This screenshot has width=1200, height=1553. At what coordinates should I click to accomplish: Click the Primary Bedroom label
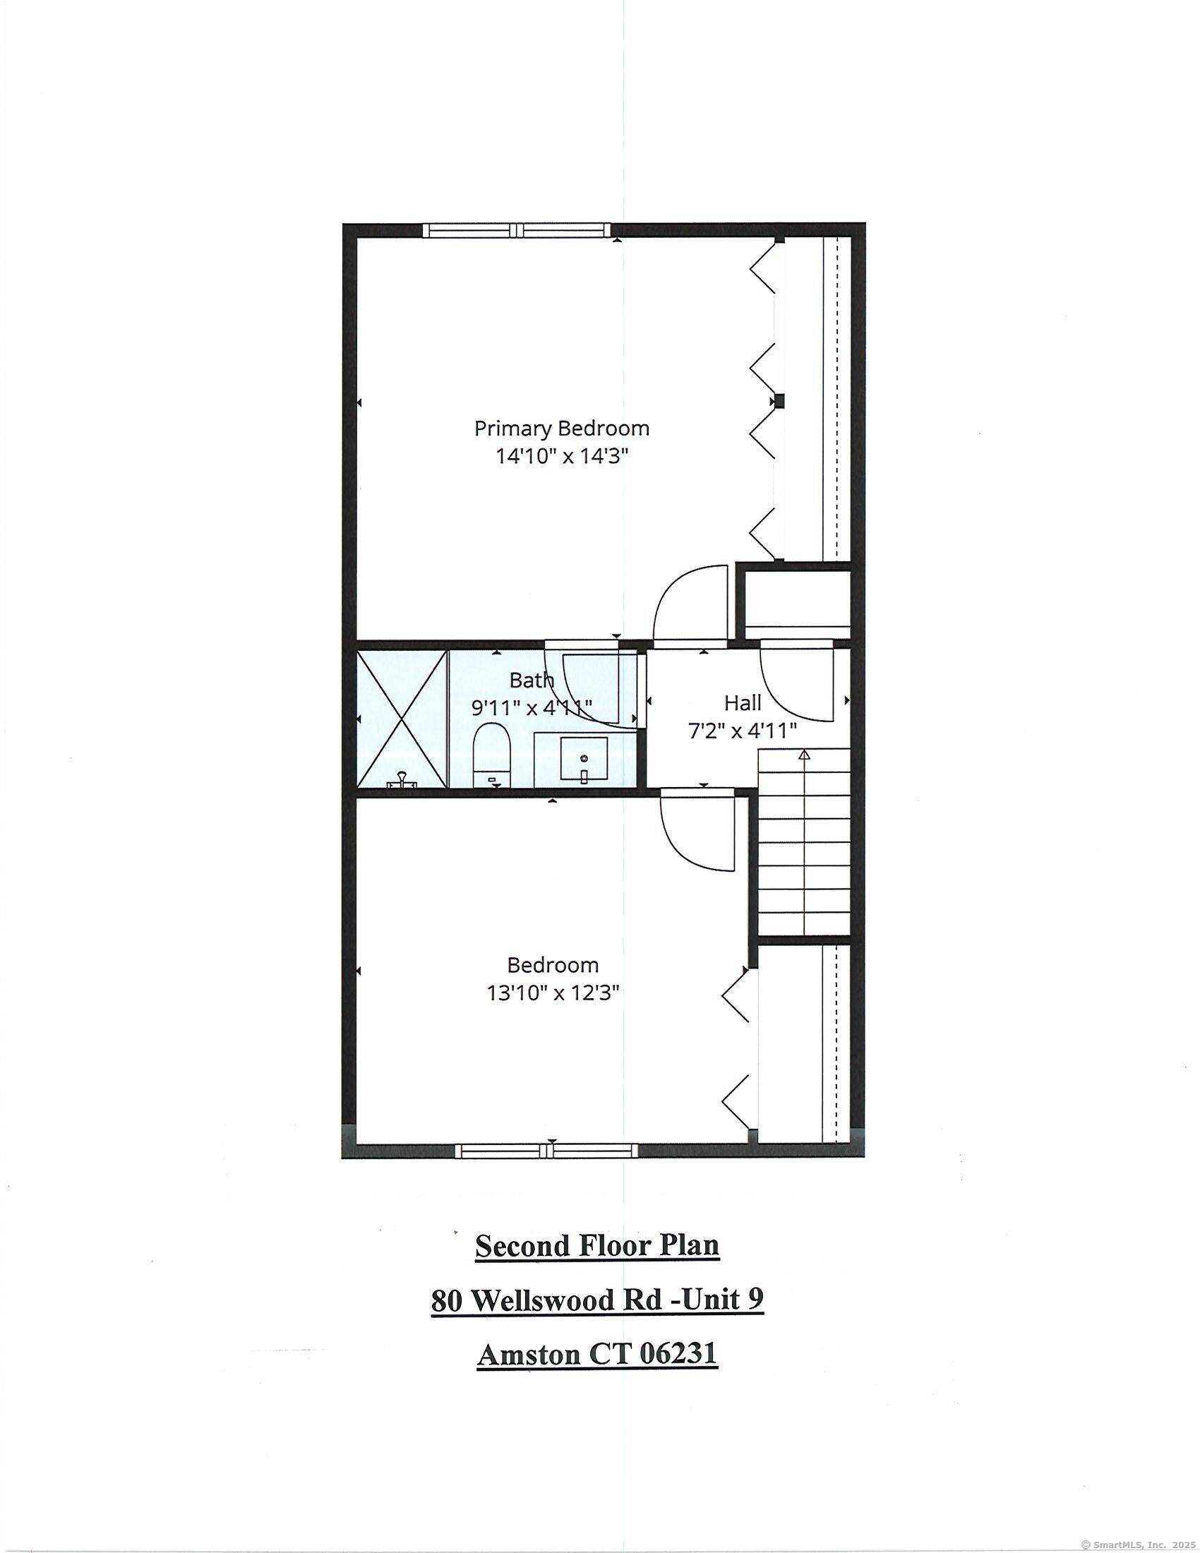[x=562, y=428]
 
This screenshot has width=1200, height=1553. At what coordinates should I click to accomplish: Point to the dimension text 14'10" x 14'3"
[x=563, y=456]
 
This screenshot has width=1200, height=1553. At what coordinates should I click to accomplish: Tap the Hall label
[x=743, y=703]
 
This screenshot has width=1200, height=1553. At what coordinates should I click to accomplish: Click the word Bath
[x=532, y=680]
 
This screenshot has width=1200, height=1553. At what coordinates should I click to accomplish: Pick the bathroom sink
[x=584, y=759]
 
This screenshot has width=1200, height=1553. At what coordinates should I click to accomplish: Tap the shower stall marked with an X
[x=402, y=719]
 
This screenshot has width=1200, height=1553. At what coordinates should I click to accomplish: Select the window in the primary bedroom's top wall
[x=517, y=229]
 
